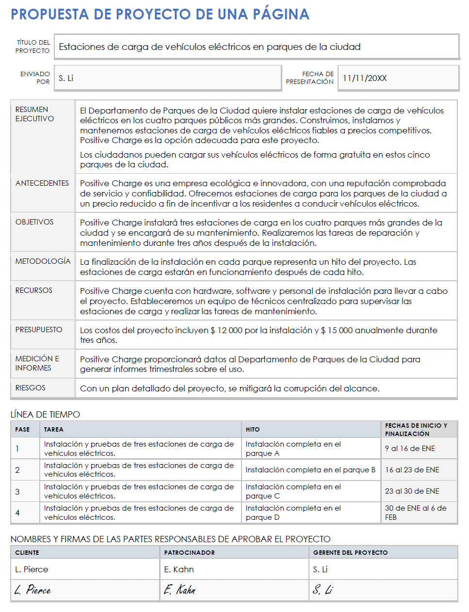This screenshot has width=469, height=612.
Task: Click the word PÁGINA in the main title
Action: click(x=281, y=15)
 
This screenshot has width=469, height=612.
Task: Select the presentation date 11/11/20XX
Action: click(x=365, y=78)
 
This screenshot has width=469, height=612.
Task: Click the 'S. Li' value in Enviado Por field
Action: click(x=66, y=78)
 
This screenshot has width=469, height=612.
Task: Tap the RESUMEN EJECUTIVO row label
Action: click(x=34, y=114)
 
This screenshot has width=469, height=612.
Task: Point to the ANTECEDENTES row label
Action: click(x=42, y=183)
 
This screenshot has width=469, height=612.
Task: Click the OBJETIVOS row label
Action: click(x=34, y=222)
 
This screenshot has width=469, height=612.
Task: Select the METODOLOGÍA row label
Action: click(x=43, y=261)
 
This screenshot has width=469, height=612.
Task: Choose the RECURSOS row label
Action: click(x=34, y=290)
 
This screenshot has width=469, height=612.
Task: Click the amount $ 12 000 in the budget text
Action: click(x=226, y=330)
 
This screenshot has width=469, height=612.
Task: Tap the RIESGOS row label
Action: click(x=30, y=388)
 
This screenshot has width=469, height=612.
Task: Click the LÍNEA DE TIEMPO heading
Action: click(x=45, y=415)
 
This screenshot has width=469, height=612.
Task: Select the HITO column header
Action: click(x=252, y=430)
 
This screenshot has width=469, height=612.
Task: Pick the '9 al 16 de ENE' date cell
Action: click(x=410, y=449)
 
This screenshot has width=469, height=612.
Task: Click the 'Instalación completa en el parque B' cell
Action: click(x=310, y=470)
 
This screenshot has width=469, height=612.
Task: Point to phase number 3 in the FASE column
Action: click(x=17, y=492)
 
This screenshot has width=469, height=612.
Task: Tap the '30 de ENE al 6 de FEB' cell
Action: click(x=415, y=513)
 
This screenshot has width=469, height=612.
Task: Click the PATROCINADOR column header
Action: click(x=189, y=553)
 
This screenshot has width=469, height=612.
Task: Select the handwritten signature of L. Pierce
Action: click(x=32, y=590)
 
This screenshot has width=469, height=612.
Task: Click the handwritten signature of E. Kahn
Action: click(x=179, y=590)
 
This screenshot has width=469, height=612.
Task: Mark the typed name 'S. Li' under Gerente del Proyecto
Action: click(x=320, y=569)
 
